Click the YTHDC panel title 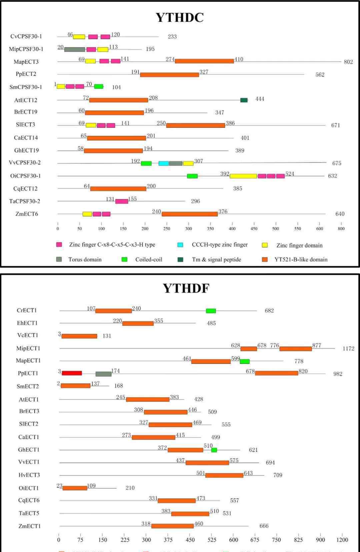(x=180, y=17)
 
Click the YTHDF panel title (x=186, y=288)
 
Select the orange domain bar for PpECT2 (x=169, y=74)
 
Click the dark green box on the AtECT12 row (x=244, y=100)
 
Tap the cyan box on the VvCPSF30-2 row (x=163, y=163)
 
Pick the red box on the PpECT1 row (x=72, y=373)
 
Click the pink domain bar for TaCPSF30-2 (x=122, y=201)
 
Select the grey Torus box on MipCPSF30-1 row (x=75, y=49)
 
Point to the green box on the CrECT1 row (x=211, y=311)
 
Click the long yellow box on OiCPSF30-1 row (x=243, y=176)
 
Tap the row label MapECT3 (x=26, y=62)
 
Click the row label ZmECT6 (x=27, y=214)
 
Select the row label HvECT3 (x=29, y=475)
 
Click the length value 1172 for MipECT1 (x=348, y=349)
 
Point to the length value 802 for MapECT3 (x=348, y=62)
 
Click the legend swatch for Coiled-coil (x=124, y=259)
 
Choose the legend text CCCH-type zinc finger (x=220, y=244)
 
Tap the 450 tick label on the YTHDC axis (x=254, y=229)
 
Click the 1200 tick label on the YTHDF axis (x=342, y=540)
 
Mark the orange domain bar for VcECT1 (x=79, y=336)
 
